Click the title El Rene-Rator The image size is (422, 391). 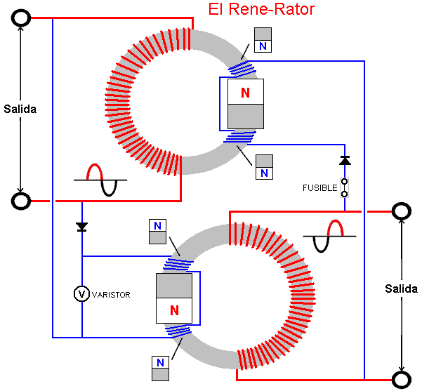(x=261, y=10)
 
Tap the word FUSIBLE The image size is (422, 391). (x=319, y=187)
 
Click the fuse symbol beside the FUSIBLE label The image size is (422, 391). (x=344, y=187)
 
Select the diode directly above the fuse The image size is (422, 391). (x=344, y=161)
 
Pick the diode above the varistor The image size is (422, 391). (x=82, y=227)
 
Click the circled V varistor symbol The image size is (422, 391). (x=82, y=293)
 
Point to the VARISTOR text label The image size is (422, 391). (x=111, y=294)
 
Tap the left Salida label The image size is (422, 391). (x=20, y=109)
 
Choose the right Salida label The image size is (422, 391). (x=401, y=289)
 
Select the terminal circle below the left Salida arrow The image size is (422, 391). (x=21, y=201)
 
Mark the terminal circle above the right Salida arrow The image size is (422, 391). (x=401, y=210)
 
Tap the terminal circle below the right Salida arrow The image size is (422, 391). (x=401, y=380)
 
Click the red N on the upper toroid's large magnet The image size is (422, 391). (x=245, y=93)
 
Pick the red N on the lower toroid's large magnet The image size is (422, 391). (x=173, y=310)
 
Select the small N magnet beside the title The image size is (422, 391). (x=263, y=40)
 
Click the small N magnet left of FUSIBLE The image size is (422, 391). (x=264, y=167)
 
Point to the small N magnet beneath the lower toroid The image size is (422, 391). (x=160, y=369)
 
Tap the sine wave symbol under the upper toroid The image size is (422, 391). (x=100, y=180)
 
